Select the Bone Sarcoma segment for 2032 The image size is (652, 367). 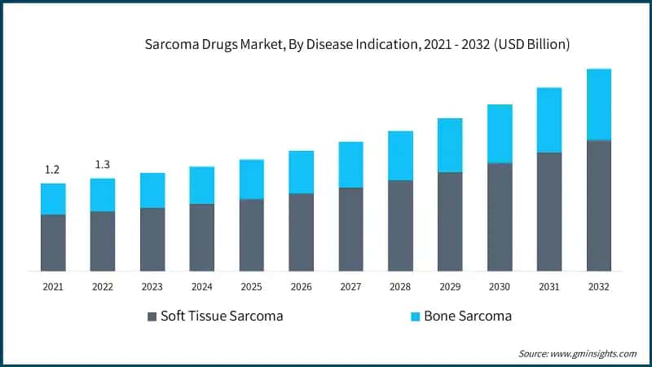(x=599, y=104)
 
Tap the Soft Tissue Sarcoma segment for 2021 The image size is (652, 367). (x=53, y=242)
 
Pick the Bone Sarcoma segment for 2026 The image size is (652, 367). (x=301, y=172)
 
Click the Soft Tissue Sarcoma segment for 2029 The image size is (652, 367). (x=450, y=221)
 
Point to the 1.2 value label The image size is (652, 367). (x=52, y=170)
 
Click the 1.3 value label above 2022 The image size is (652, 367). (x=103, y=165)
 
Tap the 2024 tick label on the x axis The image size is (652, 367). (x=201, y=287)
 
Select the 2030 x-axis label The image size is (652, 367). (x=500, y=287)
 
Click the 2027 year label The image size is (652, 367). (x=350, y=287)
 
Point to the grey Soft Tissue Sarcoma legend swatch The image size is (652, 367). (x=152, y=316)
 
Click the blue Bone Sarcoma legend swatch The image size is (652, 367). (x=414, y=316)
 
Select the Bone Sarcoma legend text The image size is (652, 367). (x=468, y=316)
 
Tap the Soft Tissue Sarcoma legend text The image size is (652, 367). (x=222, y=316)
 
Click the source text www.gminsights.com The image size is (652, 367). (x=578, y=353)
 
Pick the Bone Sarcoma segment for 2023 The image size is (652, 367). (x=152, y=190)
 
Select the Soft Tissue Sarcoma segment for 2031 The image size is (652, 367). (x=549, y=211)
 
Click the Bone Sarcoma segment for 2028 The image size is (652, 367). (x=400, y=156)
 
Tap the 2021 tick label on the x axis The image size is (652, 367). (x=53, y=287)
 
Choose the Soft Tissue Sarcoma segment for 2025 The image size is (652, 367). (x=251, y=235)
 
